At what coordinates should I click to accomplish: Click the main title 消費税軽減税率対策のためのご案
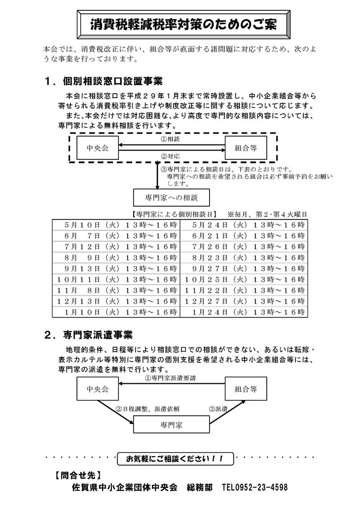(x=183, y=25)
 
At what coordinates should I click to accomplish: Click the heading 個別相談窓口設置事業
(x=112, y=81)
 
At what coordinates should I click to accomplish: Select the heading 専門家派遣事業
(x=98, y=335)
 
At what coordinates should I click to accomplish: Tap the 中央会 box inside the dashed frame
(x=97, y=147)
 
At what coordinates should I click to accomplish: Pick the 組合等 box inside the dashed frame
(x=246, y=147)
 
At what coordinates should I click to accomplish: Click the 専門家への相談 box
(x=172, y=197)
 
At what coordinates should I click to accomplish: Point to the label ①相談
(x=170, y=139)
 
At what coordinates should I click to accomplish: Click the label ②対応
(x=170, y=156)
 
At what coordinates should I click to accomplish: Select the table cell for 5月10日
(x=116, y=225)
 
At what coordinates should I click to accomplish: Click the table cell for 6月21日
(x=244, y=236)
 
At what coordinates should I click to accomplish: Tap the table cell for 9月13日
(x=116, y=268)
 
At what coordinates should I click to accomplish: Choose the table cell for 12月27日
(x=244, y=301)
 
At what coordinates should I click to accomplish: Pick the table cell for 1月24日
(x=244, y=312)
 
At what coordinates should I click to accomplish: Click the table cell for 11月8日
(x=116, y=290)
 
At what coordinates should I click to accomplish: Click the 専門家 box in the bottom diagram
(x=172, y=425)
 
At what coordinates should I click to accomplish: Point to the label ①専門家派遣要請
(x=170, y=378)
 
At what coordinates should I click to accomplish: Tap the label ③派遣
(x=218, y=409)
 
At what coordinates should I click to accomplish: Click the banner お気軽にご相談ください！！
(x=175, y=459)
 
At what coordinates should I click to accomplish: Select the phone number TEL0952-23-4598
(x=255, y=487)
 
